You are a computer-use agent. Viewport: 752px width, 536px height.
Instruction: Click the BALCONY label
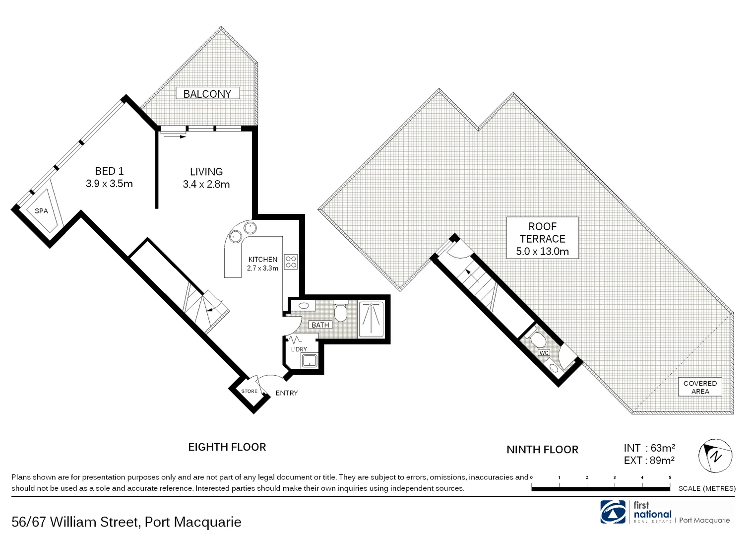[207, 94]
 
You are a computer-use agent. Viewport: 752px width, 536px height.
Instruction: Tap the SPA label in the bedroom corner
[42, 211]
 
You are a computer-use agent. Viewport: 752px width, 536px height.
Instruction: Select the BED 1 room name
[109, 171]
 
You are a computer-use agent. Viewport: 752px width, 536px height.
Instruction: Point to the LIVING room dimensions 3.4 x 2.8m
[206, 185]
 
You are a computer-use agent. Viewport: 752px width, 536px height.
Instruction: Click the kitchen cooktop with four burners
[291, 262]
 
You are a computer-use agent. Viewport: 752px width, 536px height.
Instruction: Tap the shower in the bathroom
[371, 319]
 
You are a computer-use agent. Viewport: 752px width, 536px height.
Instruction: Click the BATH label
[320, 325]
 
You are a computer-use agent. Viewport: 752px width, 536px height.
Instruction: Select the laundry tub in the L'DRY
[310, 361]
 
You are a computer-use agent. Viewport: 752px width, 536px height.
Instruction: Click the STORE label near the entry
[250, 391]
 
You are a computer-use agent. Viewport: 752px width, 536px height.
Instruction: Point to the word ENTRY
[287, 393]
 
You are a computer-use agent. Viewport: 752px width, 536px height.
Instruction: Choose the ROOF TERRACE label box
[543, 239]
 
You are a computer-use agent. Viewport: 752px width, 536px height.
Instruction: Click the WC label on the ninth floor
[544, 353]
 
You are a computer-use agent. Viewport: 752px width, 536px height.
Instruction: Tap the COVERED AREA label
[700, 387]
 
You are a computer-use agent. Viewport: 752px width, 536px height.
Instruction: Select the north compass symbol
[715, 455]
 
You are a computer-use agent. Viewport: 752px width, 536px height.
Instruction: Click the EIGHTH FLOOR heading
[227, 447]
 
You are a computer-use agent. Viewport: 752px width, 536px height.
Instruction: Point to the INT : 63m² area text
[649, 448]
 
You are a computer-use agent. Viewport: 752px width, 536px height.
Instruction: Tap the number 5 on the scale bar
[670, 477]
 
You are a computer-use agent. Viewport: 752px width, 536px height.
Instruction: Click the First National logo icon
[614, 512]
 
